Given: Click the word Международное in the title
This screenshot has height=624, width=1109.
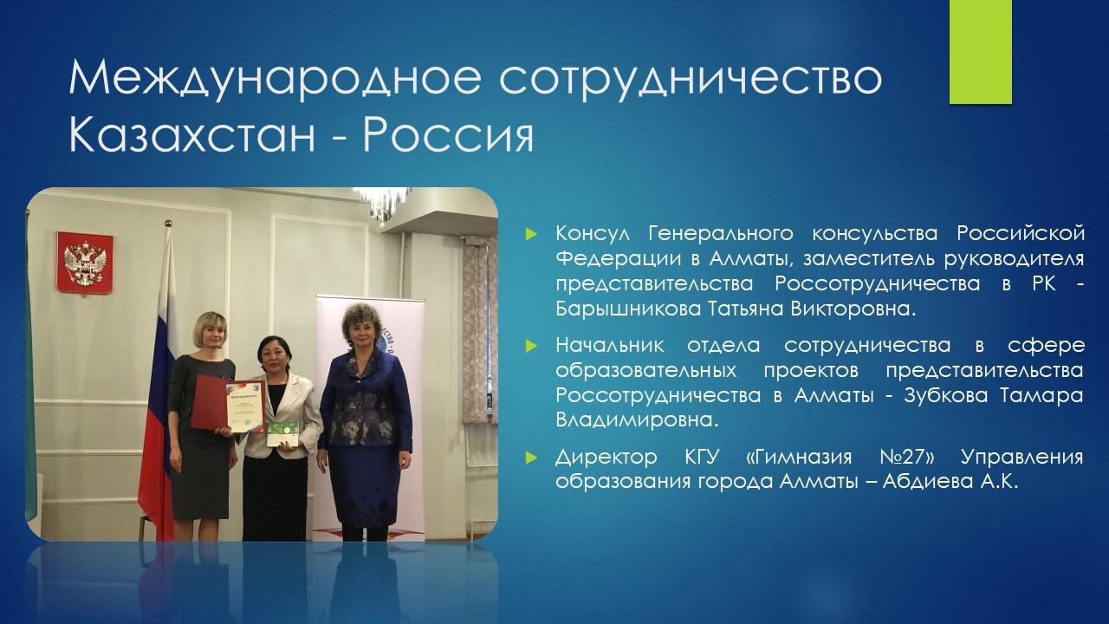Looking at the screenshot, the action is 276,79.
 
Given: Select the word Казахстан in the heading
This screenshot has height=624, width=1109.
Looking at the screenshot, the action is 192,134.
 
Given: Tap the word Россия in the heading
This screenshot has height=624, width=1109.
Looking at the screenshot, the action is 449,134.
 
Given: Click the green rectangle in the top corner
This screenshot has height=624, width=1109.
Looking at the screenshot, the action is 980,51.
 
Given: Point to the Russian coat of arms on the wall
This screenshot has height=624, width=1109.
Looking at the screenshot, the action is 85,263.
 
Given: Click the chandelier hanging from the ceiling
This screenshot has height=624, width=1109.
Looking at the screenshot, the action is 384,206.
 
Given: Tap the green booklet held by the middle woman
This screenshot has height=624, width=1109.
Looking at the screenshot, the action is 283,434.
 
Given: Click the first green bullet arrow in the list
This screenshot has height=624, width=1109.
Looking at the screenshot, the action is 531,233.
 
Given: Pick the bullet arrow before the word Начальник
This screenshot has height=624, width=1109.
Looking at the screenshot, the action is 531,345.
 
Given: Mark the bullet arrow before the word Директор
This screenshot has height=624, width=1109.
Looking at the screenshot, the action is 531,457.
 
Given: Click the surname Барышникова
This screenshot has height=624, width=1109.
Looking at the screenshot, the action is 628,309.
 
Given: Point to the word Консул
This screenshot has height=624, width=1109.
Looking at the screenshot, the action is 593,233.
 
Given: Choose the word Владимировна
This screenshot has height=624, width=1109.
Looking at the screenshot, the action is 637,421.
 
